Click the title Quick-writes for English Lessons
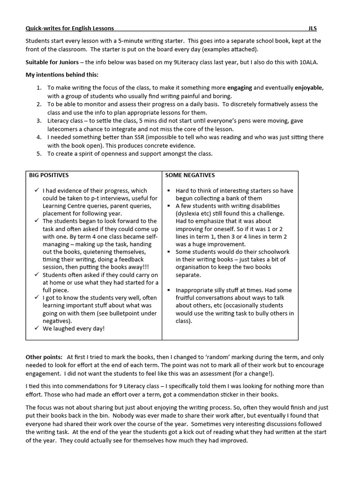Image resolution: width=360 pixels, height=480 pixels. point(70,28)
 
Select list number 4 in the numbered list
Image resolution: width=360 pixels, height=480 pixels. point(39,137)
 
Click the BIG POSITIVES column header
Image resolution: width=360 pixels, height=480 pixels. point(48,175)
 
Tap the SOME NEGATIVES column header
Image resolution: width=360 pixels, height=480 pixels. point(190,175)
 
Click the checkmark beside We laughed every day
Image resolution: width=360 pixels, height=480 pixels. point(37,328)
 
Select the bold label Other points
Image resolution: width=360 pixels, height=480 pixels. point(44,358)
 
